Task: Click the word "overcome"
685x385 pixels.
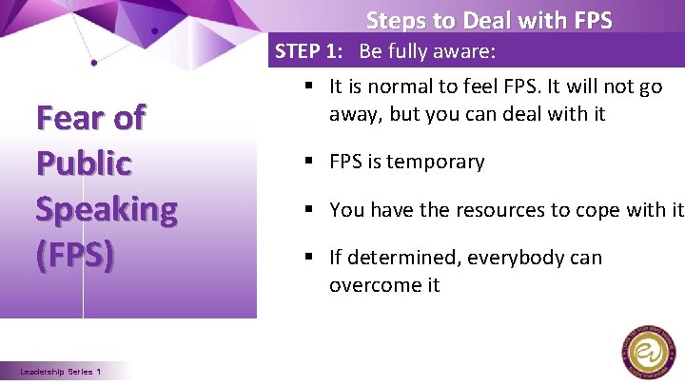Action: [372, 284]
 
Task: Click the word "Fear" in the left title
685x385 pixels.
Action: [68, 119]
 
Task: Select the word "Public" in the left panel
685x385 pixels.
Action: [84, 164]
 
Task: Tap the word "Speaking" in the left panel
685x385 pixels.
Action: [106, 209]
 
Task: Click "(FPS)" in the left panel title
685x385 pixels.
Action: [75, 255]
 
